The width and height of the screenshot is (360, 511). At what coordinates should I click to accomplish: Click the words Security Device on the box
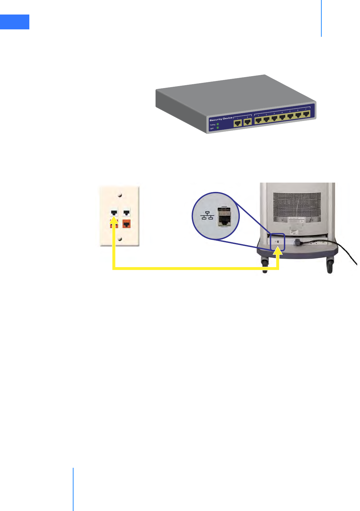pyautogui.click(x=221, y=119)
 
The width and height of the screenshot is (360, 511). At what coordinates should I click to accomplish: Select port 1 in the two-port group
pyautogui.click(x=238, y=123)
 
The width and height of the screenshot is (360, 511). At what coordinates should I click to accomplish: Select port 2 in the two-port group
pyautogui.click(x=248, y=122)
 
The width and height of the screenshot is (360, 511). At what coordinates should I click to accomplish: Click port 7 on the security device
pyautogui.click(x=306, y=113)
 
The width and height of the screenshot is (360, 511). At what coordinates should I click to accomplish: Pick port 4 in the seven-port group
pyautogui.click(x=282, y=117)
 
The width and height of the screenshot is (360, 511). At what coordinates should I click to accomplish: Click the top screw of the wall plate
pyautogui.click(x=120, y=195)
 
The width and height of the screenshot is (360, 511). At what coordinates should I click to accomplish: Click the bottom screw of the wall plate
pyautogui.click(x=120, y=238)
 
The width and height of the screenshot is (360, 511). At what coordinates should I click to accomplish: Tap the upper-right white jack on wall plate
pyautogui.click(x=127, y=213)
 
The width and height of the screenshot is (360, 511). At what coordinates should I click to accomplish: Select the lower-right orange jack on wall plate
pyautogui.click(x=127, y=224)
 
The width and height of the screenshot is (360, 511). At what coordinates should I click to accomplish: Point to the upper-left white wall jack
pyautogui.click(x=114, y=213)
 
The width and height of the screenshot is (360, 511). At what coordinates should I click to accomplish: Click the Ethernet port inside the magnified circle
pyautogui.click(x=223, y=216)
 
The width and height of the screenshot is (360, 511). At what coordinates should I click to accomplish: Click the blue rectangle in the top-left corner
pyautogui.click(x=15, y=22)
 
